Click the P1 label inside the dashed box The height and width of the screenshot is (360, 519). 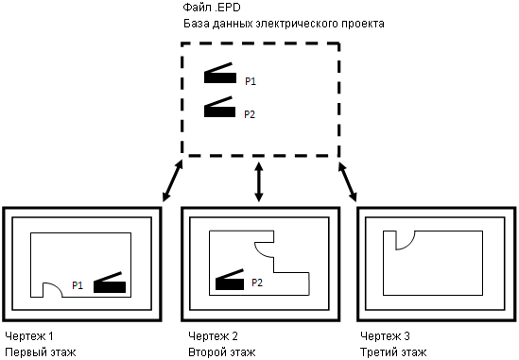click(x=251, y=81)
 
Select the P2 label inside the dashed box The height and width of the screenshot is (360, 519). click(x=250, y=114)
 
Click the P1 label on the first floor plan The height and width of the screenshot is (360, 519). click(x=78, y=285)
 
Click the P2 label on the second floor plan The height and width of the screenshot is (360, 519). click(x=257, y=283)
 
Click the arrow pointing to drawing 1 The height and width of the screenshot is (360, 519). click(x=172, y=180)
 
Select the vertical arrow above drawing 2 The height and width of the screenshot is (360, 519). click(x=259, y=181)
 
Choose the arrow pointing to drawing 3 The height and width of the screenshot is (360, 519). click(x=347, y=181)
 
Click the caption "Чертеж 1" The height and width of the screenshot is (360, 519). click(x=29, y=336)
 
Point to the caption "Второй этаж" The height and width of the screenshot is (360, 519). click(x=222, y=352)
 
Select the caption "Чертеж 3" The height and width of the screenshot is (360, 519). click(x=385, y=336)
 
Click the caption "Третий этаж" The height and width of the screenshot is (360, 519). click(x=393, y=352)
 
